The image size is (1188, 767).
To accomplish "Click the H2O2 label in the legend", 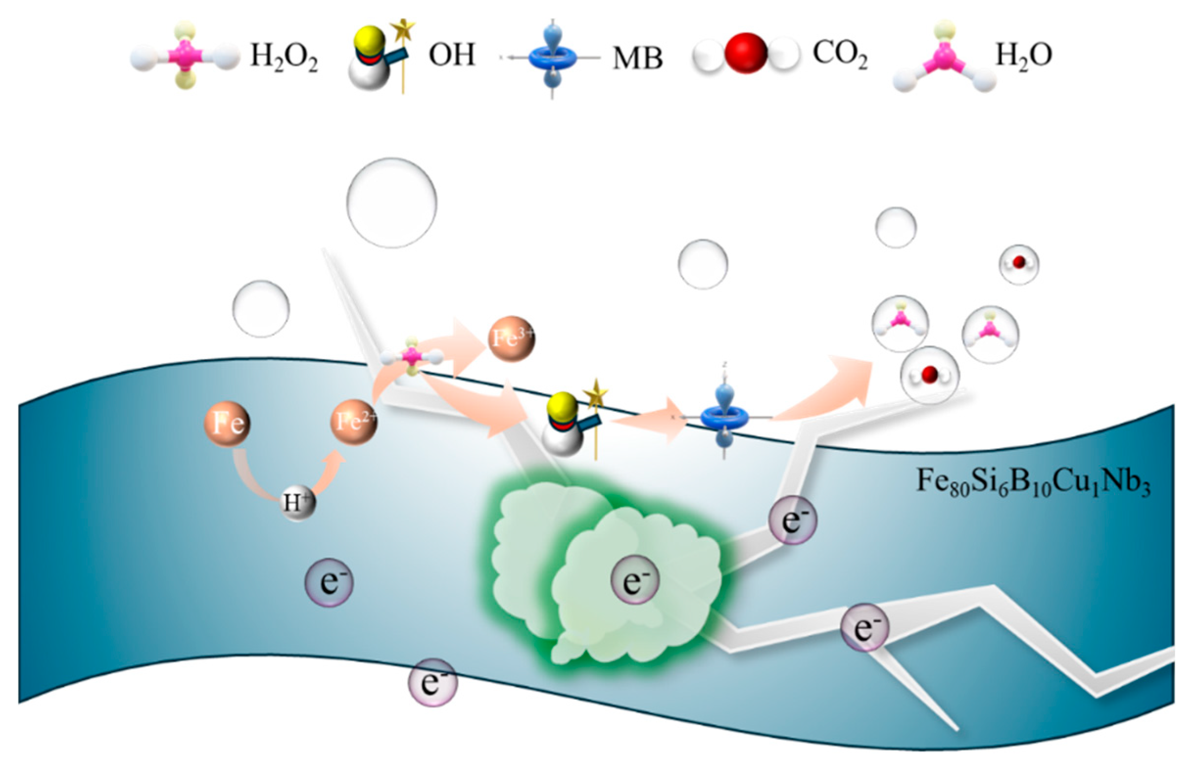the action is [284, 56].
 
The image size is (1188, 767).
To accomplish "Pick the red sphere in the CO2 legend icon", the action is [745, 53].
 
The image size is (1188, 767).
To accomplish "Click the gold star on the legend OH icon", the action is [403, 30].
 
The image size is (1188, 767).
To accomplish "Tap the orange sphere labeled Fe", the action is [227, 423].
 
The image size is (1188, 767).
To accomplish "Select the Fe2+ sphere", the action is [354, 422].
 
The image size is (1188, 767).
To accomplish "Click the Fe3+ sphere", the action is [512, 338].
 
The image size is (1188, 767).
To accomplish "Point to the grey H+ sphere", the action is [298, 502].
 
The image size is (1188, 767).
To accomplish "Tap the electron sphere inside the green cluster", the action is [635, 580].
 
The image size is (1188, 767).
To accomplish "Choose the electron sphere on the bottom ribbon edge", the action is [432, 683].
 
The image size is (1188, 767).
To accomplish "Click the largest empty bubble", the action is [391, 203].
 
